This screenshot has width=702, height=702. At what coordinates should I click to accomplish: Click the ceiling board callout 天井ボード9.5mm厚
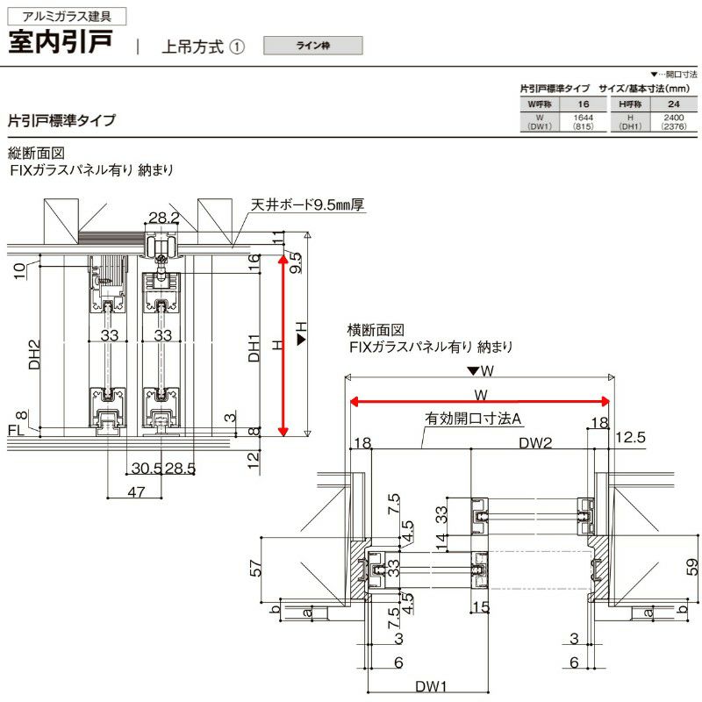pos(307,204)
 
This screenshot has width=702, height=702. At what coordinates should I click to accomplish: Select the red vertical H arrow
pos(283,344)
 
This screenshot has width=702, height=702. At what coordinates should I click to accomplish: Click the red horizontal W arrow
pos(479,402)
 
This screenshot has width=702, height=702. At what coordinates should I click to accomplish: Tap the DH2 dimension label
pos(34,355)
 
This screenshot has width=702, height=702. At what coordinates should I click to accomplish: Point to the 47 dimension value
pos(135,493)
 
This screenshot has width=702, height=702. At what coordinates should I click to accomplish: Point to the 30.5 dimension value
pos(147,468)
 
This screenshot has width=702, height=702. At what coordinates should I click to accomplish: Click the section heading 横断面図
pos(376,330)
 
